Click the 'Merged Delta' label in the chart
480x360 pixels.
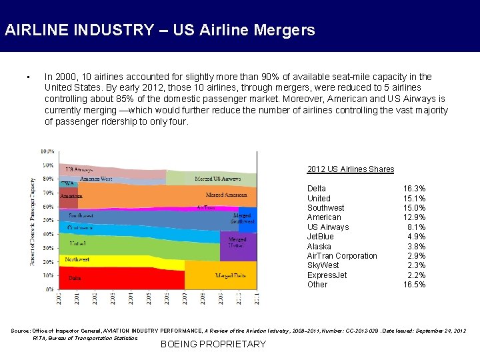[231, 275]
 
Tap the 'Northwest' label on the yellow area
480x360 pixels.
[77, 259]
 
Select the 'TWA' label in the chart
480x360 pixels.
[67, 183]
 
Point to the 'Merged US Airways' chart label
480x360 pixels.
[217, 179]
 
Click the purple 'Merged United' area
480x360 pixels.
[238, 243]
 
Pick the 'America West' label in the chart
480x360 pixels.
[96, 179]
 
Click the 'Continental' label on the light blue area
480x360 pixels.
[81, 228]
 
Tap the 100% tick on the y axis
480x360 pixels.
[48, 151]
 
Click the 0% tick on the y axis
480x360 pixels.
[50, 289]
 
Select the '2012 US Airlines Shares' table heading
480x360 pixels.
[351, 169]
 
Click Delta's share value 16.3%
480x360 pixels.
[415, 189]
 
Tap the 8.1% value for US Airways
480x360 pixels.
[417, 227]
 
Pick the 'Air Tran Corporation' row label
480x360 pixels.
[342, 256]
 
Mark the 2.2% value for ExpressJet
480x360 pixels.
[417, 275]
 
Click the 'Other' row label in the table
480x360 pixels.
[317, 285]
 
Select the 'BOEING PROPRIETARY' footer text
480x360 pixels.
[213, 344]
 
